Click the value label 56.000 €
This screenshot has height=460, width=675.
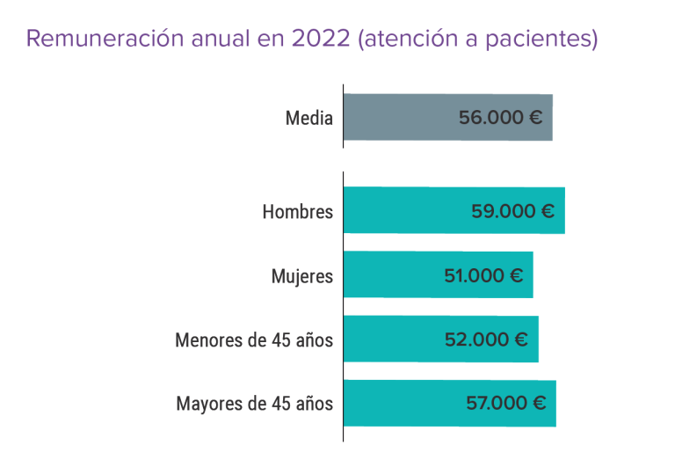point(500,117)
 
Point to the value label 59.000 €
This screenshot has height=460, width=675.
point(512,211)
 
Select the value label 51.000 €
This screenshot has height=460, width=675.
point(483,275)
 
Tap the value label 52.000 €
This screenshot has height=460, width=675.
point(486,340)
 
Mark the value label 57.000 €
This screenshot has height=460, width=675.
point(505,404)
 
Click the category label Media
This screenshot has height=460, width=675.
point(309,118)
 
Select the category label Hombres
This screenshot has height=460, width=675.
point(298,212)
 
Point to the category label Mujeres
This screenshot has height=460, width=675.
point(302,276)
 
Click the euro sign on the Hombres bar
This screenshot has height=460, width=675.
point(547,211)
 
